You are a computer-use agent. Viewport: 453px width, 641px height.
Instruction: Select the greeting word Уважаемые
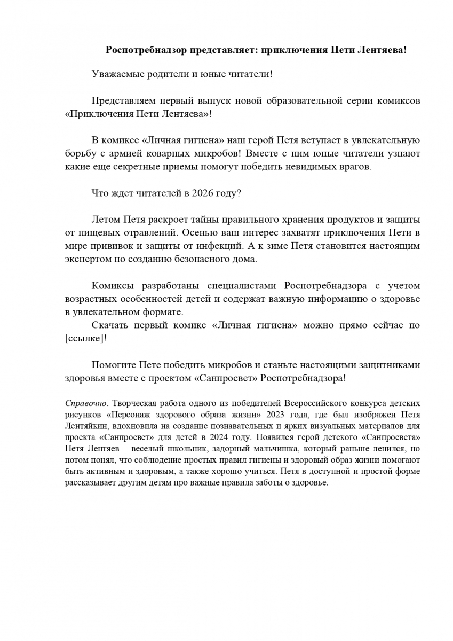(x=118, y=74)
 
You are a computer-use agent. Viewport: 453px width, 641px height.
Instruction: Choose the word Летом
(x=106, y=220)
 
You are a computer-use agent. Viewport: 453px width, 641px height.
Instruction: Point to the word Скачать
(x=110, y=325)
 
